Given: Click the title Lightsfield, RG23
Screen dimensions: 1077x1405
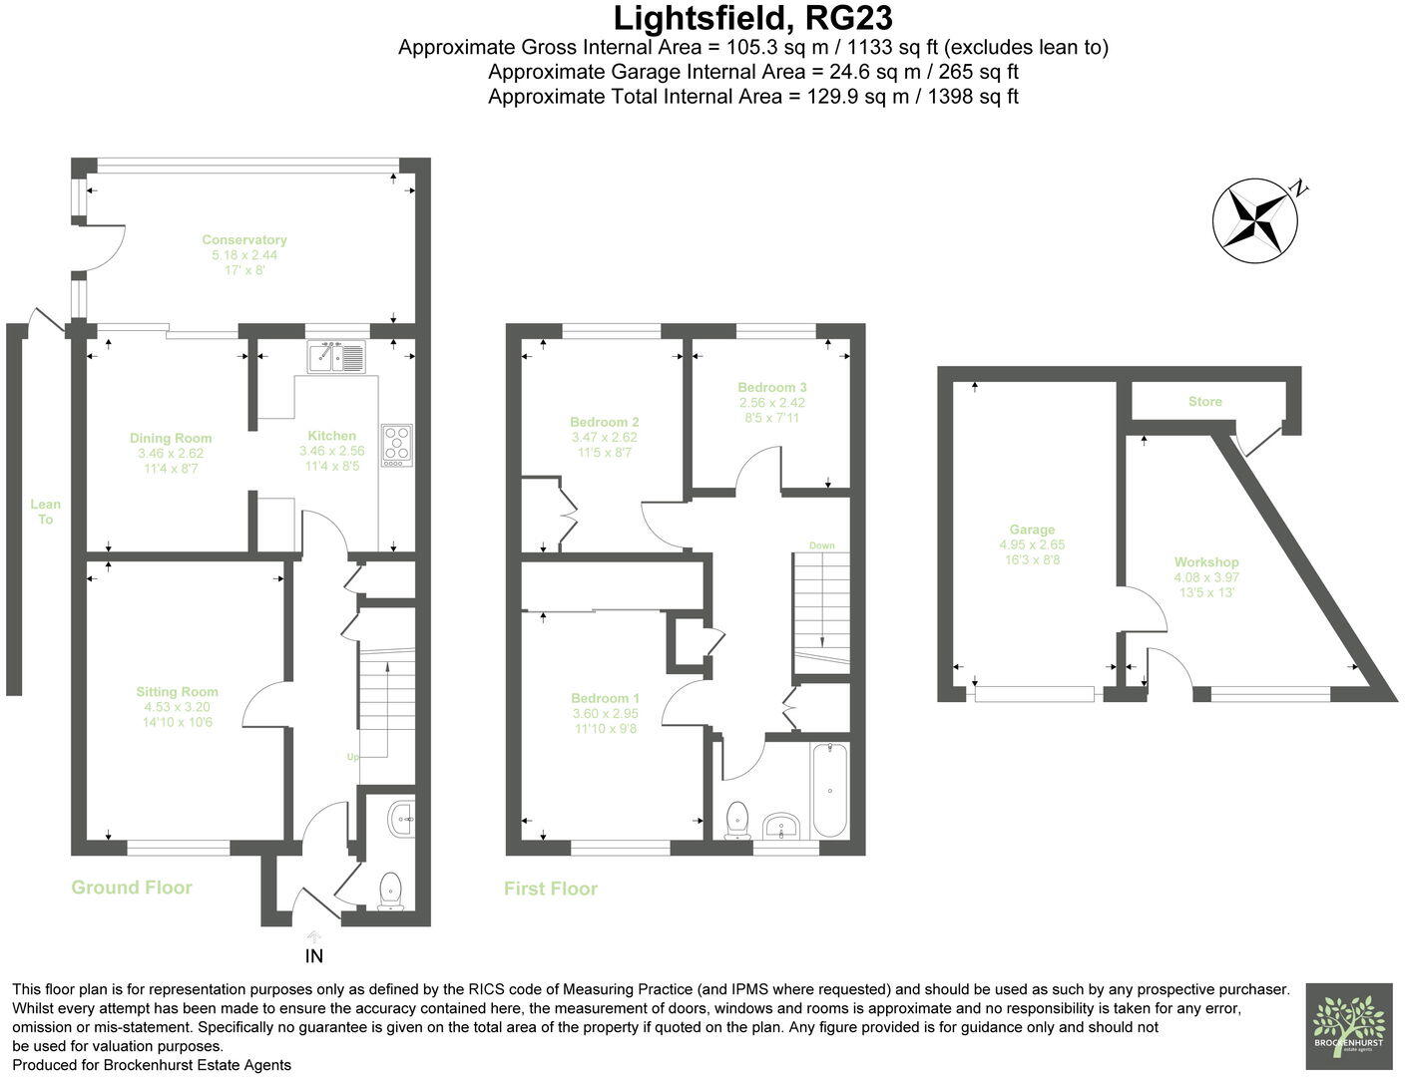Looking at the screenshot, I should [752, 18].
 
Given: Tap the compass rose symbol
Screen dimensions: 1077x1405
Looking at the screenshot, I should [1255, 220].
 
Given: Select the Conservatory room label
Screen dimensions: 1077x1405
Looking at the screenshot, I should [244, 239].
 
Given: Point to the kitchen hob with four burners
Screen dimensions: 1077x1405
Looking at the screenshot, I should [397, 445].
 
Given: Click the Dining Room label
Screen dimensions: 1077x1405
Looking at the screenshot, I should [171, 438].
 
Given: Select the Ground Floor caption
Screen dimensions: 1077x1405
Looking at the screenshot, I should [132, 888].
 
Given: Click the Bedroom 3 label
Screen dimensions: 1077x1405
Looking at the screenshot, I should [772, 387].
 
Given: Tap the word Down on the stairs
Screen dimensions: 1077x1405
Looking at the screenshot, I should [822, 545].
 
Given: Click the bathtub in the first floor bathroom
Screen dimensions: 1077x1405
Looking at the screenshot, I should [830, 792].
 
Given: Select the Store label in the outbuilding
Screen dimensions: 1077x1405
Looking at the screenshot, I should [1204, 402].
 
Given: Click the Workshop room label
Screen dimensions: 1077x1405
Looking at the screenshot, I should [1206, 562].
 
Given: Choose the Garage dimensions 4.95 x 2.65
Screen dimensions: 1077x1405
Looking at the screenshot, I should [1032, 545].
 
